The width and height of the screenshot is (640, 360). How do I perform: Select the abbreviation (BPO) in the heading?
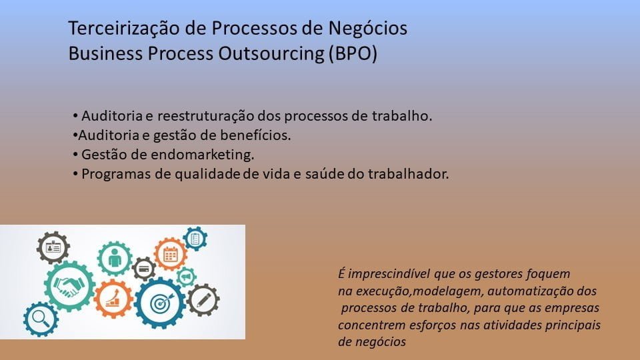(353, 54)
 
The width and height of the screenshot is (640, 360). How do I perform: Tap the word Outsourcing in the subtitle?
(271, 54)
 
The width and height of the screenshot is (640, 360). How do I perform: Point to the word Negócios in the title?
(368, 29)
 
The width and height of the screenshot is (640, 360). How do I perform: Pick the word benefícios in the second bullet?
(255, 135)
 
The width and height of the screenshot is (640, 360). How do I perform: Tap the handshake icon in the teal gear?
(69, 286)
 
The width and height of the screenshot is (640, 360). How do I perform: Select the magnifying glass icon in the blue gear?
(41, 318)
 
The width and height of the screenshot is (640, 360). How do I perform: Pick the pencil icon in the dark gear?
(203, 300)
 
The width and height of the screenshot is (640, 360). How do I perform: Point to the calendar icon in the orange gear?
(170, 255)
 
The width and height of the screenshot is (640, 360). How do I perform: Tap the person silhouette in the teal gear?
(115, 258)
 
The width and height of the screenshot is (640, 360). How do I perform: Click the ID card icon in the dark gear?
(53, 247)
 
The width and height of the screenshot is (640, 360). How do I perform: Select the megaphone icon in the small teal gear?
(186, 277)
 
